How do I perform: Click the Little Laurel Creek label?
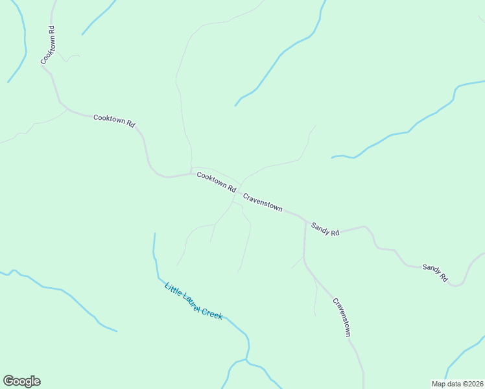tap(193, 301)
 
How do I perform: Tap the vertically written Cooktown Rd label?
tap(48, 45)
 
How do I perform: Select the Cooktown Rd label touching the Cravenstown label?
tap(216, 182)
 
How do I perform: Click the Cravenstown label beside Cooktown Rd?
tap(263, 202)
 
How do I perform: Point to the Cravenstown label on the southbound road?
tap(342, 317)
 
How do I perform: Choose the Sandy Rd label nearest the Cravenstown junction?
tap(325, 229)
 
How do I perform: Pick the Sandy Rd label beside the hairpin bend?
tap(435, 272)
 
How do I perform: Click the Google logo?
tap(21, 381)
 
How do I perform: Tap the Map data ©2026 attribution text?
tap(457, 383)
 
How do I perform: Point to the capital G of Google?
tap(8, 381)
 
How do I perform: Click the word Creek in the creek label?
tap(212, 313)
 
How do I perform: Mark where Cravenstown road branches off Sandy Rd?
tap(305, 221)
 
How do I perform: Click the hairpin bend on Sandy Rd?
tap(457, 284)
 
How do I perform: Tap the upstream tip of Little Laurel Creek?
tap(154, 234)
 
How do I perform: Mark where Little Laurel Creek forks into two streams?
tap(246, 360)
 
